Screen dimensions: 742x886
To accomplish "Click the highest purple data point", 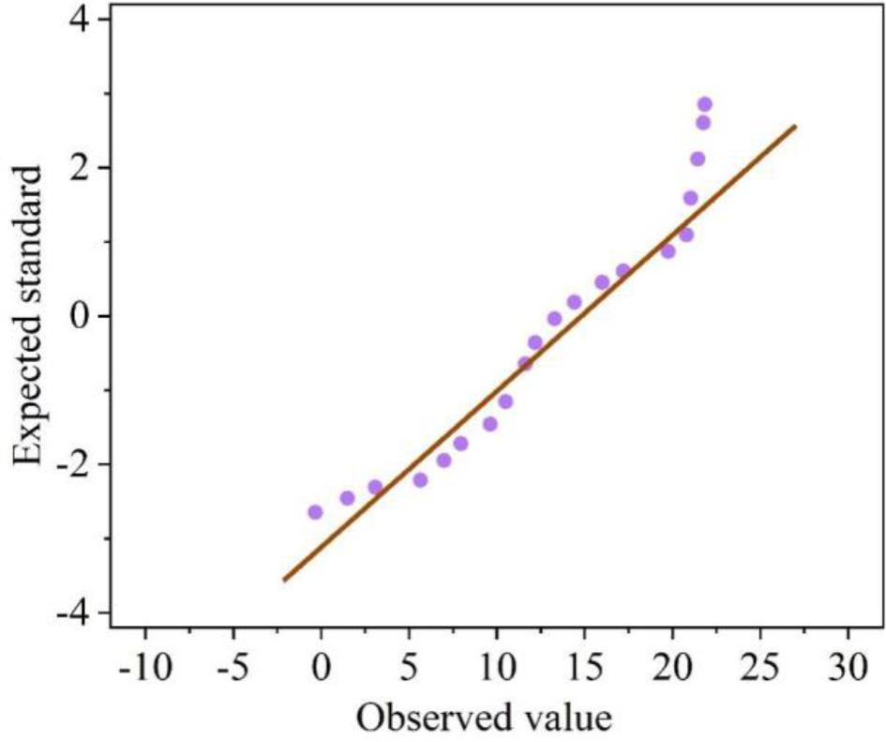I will (x=705, y=104).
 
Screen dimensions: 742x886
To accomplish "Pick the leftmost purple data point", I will (x=315, y=512).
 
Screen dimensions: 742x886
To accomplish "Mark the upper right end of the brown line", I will (x=795, y=126).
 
